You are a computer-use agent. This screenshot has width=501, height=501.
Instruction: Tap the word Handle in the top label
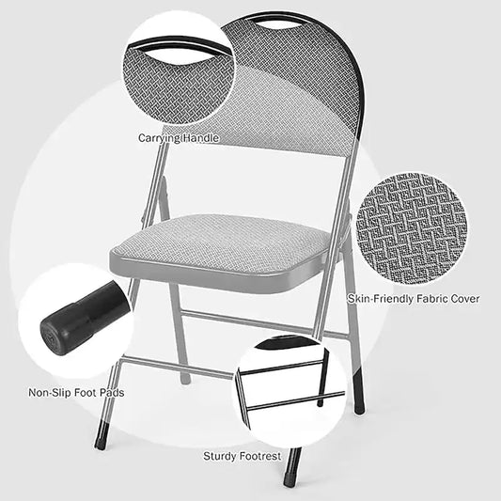click(200, 138)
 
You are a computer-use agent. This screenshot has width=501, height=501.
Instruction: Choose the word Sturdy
click(223, 456)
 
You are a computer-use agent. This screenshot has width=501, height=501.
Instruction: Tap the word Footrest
click(266, 456)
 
